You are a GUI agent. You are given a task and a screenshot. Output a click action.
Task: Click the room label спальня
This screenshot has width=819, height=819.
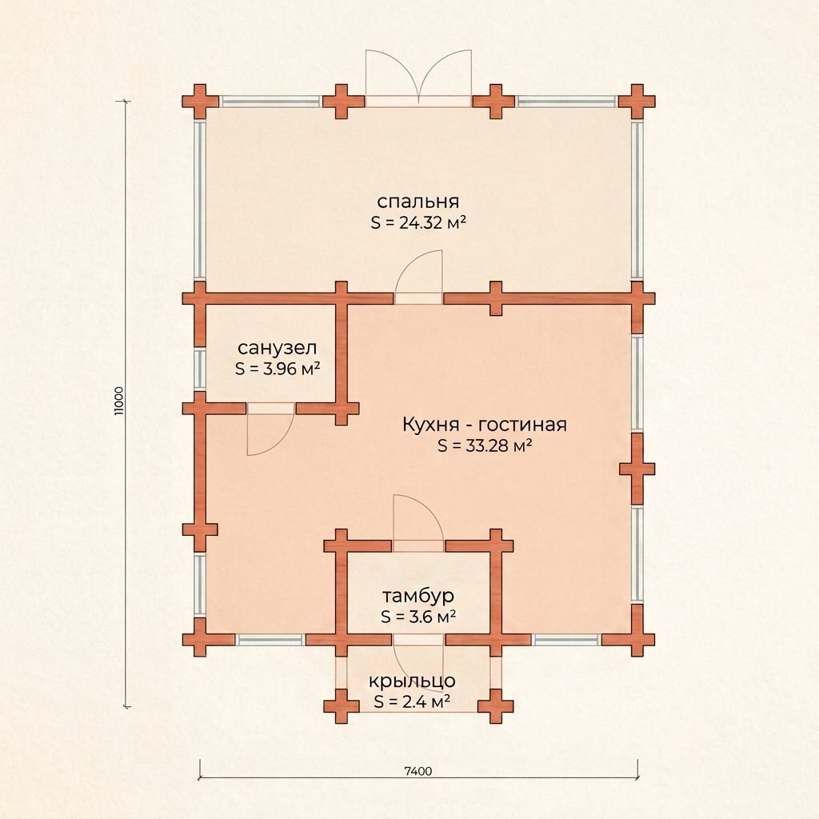pos(417,202)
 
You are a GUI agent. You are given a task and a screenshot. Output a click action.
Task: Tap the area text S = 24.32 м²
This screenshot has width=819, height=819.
pos(417,222)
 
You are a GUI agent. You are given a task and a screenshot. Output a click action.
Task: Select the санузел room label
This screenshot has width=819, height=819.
pos(277,348)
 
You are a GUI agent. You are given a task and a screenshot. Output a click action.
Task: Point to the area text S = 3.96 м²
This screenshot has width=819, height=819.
pos(278,369)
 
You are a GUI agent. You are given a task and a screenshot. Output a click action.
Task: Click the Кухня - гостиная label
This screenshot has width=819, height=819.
pos(484,425)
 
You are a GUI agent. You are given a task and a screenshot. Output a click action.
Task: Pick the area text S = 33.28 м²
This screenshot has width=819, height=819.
pos(484,445)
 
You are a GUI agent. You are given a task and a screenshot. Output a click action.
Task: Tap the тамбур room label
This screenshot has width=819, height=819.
pos(417,596)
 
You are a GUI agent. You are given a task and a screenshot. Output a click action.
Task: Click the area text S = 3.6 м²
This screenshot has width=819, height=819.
pos(418,617)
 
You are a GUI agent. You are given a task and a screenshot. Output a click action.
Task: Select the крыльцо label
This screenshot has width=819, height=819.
pos(412,681)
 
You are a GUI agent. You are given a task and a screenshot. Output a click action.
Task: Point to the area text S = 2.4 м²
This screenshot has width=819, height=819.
pos(412,701)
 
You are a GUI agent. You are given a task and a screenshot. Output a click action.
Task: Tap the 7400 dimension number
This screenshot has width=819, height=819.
pos(418,771)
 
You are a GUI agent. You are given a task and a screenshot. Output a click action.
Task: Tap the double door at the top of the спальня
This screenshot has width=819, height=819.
pos(418,78)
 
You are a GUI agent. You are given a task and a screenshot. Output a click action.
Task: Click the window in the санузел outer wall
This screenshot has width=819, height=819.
pos(199,369)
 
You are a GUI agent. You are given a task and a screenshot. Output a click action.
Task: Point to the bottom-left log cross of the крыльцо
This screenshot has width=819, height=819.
pos(341,706)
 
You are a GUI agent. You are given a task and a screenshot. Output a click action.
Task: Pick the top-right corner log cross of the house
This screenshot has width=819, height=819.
pos(637,102)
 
